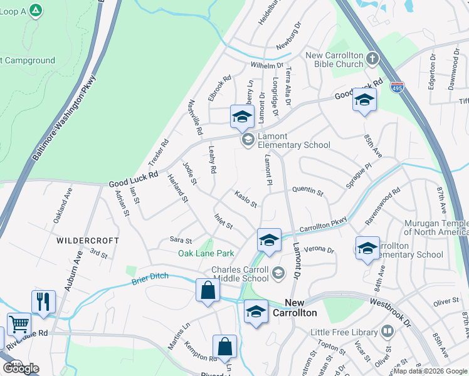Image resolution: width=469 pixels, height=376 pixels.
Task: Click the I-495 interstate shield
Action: pyautogui.click(x=396, y=88)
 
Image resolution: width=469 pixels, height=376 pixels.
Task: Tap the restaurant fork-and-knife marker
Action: pyautogui.click(x=43, y=301)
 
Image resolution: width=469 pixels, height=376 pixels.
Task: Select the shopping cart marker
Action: pyautogui.click(x=19, y=325)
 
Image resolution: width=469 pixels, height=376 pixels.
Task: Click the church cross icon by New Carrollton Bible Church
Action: pyautogui.click(x=372, y=60)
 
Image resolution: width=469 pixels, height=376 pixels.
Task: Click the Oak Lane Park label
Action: pyautogui.click(x=206, y=253)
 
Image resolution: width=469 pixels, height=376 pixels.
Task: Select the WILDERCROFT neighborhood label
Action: pyautogui.click(x=88, y=240)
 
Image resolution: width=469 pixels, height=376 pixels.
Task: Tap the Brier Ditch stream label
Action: pyautogui.click(x=150, y=279)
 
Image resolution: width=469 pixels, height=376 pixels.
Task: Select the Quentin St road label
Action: pyautogui.click(x=307, y=192)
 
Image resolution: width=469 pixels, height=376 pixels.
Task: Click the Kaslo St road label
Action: pyautogui.click(x=246, y=200)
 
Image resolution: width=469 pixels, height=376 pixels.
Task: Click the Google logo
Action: pyautogui.click(x=21, y=368)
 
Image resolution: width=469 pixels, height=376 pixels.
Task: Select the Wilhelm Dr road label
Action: pyautogui.click(x=268, y=65)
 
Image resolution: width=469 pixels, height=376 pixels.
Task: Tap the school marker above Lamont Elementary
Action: pyautogui.click(x=242, y=115)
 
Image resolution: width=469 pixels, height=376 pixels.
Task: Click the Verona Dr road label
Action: pyautogui.click(x=319, y=249)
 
